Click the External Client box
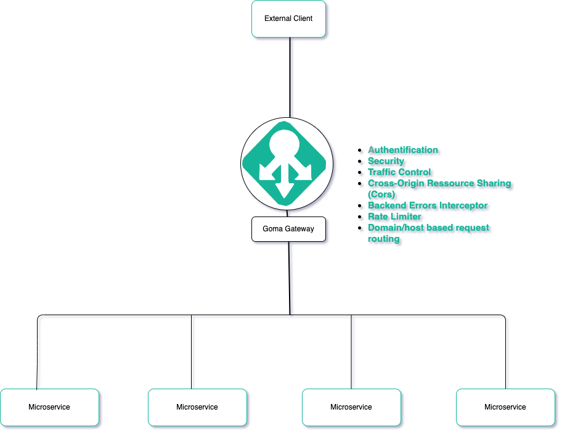point(288,19)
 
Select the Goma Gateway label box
point(288,229)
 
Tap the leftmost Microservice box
point(49,407)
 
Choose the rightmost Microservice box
point(505,407)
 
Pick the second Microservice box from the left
point(197,407)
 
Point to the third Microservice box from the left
point(351,407)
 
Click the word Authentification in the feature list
point(403,150)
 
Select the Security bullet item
point(386,161)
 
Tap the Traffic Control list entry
point(399,172)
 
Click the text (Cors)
point(381,194)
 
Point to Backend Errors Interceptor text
point(428,205)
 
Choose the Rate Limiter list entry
point(394,216)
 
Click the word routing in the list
point(384,239)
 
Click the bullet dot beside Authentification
point(360,151)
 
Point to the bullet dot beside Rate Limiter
point(360,217)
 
